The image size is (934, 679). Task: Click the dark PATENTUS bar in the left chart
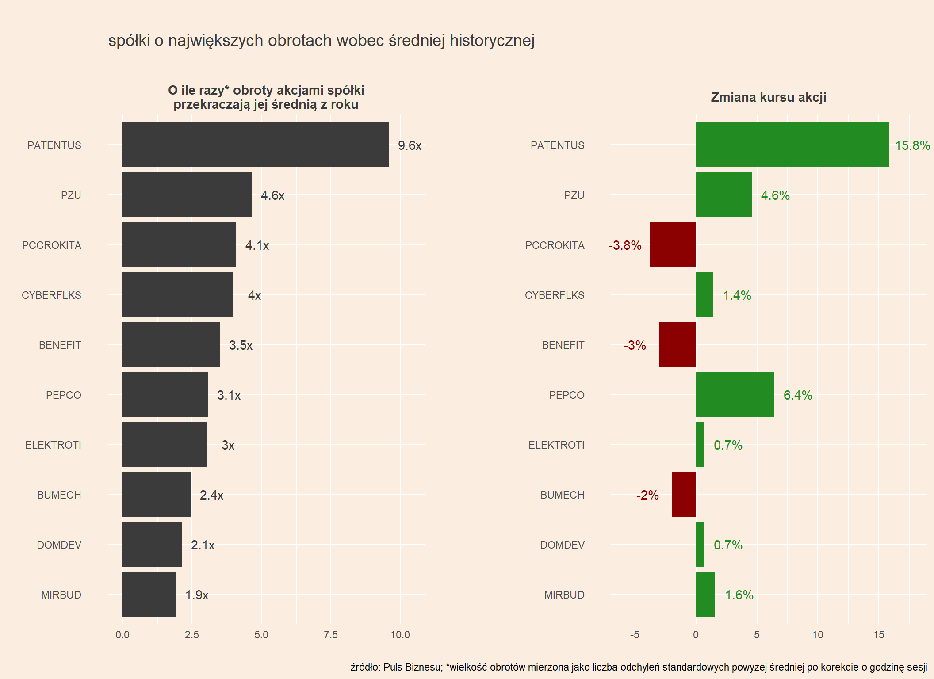[255, 145]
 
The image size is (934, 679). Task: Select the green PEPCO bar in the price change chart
[735, 394]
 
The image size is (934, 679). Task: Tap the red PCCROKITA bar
[672, 244]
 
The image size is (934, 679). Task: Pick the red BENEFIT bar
[677, 344]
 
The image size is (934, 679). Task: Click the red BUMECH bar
[683, 494]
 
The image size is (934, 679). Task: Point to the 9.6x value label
[410, 145]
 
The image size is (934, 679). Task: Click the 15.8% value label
[912, 145]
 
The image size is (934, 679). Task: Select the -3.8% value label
[624, 245]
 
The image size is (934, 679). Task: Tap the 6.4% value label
[797, 395]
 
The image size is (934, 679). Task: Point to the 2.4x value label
[211, 495]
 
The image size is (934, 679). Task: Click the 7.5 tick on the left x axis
[330, 635]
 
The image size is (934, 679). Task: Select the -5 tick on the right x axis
[635, 635]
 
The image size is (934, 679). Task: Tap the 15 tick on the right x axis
[878, 635]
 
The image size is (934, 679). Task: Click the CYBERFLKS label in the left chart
[51, 295]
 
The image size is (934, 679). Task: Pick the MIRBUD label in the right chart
[564, 595]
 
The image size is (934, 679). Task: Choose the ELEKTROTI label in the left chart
[53, 445]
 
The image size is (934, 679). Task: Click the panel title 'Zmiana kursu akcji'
[768, 97]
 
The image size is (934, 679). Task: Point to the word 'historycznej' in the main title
[492, 41]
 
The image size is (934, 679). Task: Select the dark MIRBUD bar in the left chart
[149, 594]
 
